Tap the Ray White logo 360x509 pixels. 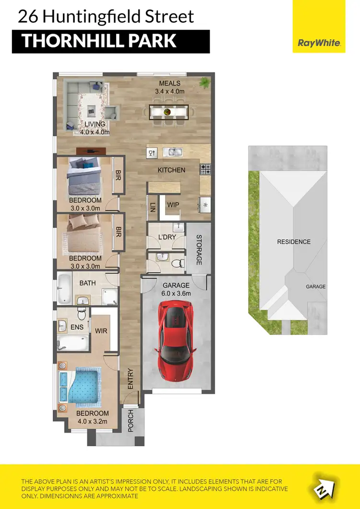[x=319, y=43]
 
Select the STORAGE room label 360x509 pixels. [x=198, y=249]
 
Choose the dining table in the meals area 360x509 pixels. [x=168, y=112]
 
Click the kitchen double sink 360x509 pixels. [x=172, y=152]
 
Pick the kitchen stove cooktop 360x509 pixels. [x=205, y=169]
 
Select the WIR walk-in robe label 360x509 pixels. [x=101, y=331]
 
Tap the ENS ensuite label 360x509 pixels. [x=77, y=328]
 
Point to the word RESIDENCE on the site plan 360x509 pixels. [x=294, y=242]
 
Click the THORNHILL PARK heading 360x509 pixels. [x=99, y=41]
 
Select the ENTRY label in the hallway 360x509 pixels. [x=130, y=379]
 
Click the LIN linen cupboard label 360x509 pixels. [x=153, y=207]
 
